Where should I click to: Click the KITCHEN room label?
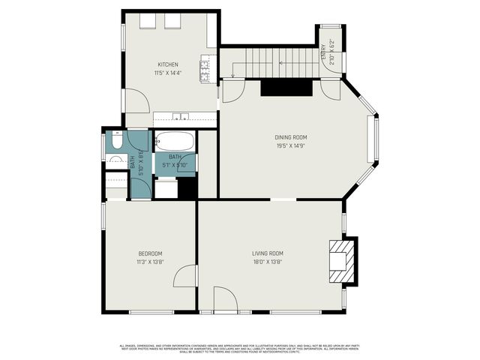click(167, 64)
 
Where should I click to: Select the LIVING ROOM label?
click(267, 253)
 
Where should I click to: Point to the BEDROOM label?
click(150, 253)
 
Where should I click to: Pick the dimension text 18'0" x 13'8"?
click(267, 262)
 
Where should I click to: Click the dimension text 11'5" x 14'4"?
click(167, 73)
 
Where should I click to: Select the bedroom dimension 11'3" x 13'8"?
click(150, 262)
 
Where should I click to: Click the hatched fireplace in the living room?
click(341, 260)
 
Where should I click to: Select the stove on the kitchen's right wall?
click(205, 69)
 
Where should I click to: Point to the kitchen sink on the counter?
click(180, 117)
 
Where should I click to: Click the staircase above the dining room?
click(270, 61)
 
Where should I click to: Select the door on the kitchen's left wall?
click(135, 100)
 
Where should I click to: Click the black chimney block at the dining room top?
click(286, 88)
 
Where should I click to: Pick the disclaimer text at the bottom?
click(240, 348)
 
